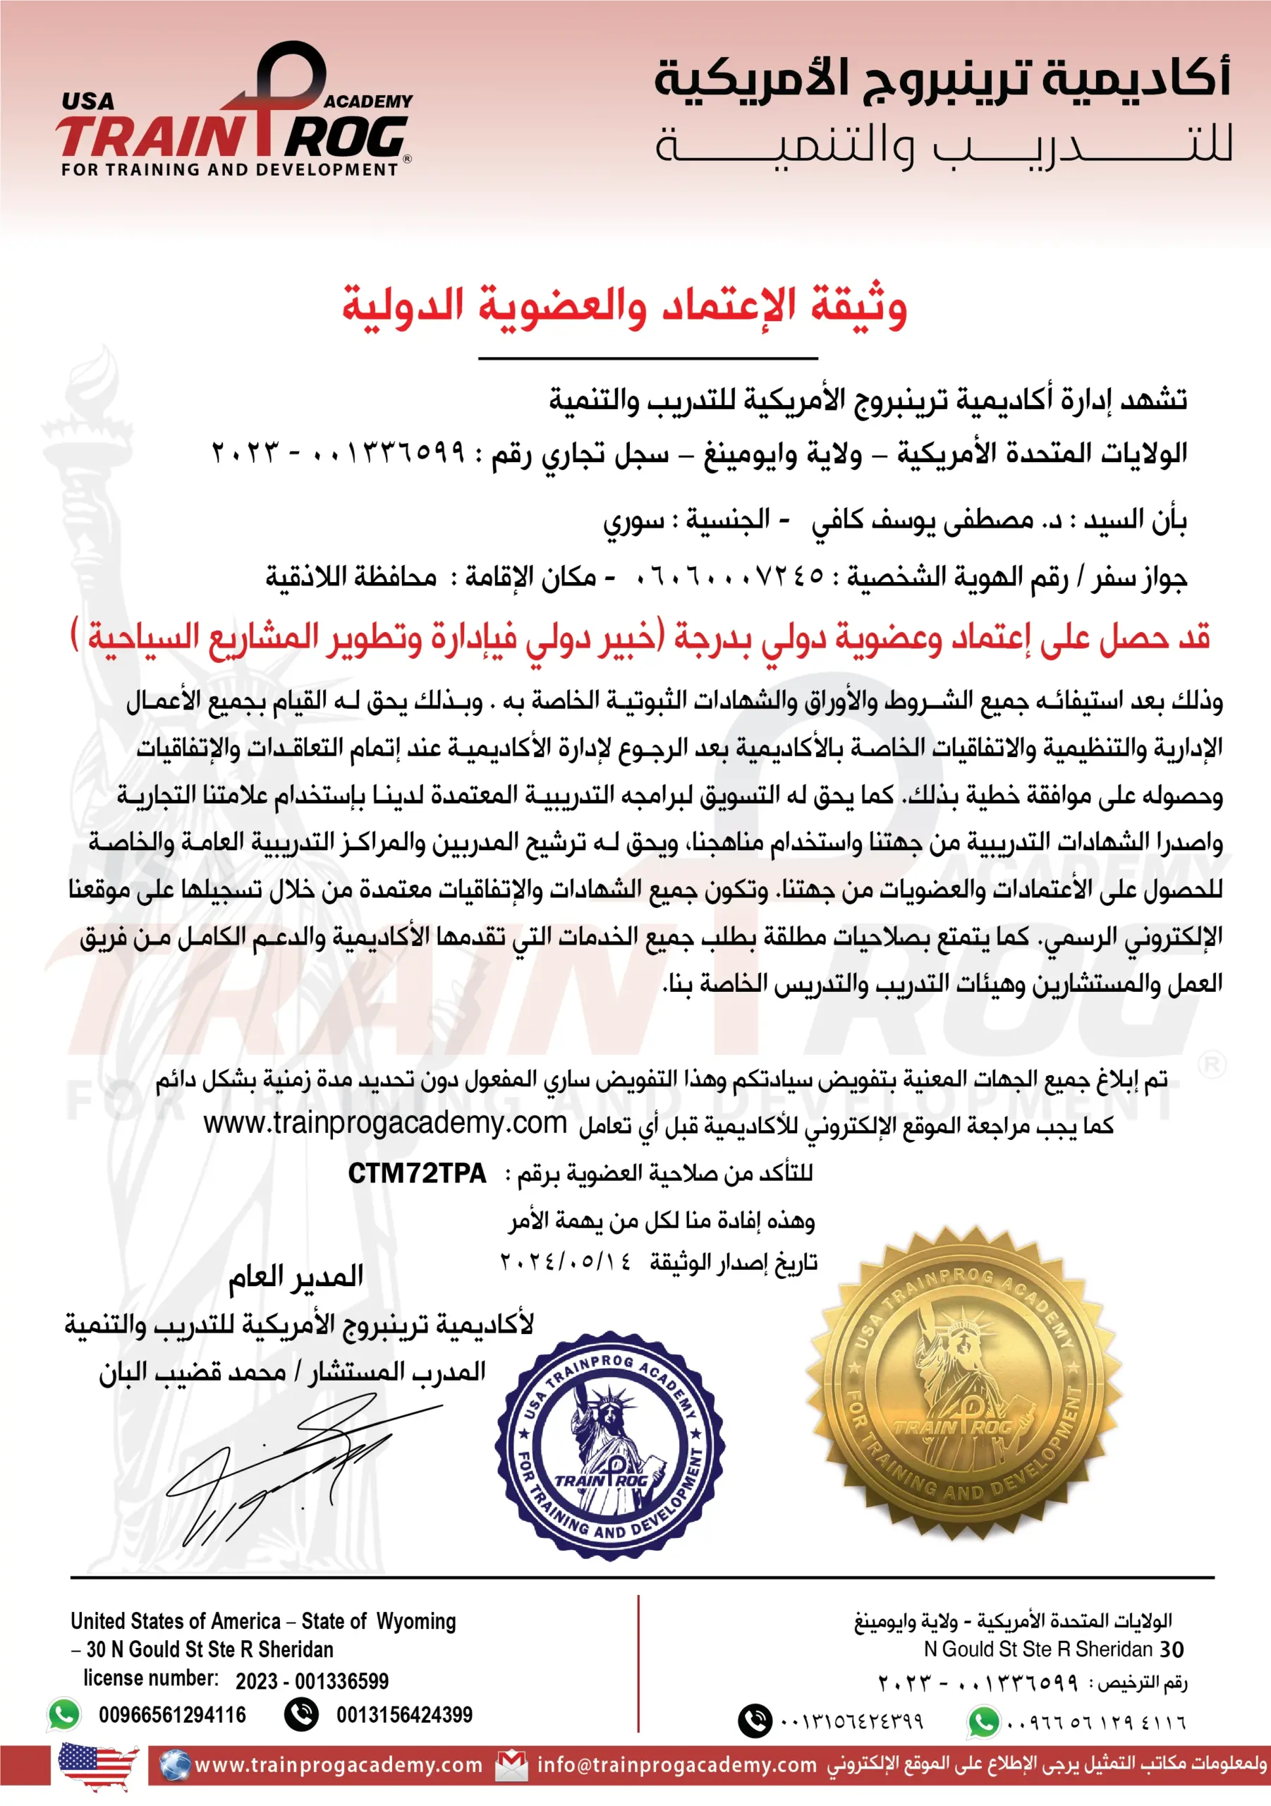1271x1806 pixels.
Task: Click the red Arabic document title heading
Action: [624, 307]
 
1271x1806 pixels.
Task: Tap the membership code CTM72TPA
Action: [417, 1174]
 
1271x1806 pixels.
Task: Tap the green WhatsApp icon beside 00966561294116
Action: [64, 1714]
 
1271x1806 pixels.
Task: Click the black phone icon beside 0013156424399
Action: [301, 1714]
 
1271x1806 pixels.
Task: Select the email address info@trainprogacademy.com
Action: [676, 1764]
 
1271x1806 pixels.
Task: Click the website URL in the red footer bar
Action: [338, 1764]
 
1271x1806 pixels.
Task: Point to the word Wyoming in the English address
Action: [416, 1621]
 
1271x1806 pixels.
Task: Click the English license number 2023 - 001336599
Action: [312, 1681]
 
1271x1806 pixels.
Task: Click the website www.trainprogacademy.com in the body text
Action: [384, 1123]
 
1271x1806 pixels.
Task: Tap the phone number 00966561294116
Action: [172, 1715]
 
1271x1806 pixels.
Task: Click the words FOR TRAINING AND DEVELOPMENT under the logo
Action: [230, 169]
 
